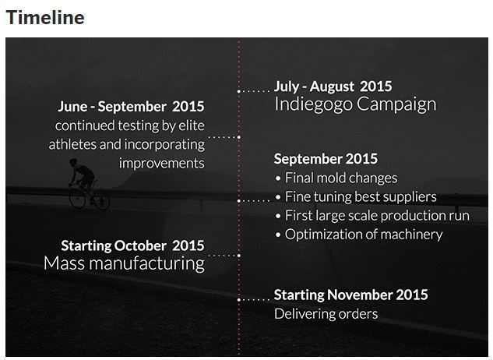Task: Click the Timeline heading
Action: pyautogui.click(x=45, y=18)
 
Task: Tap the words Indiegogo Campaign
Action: pyautogui.click(x=356, y=104)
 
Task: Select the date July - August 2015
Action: pyautogui.click(x=333, y=86)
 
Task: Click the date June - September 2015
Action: pyautogui.click(x=131, y=106)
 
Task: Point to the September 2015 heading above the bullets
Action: pyautogui.click(x=326, y=159)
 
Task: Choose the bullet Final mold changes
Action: pyautogui.click(x=336, y=178)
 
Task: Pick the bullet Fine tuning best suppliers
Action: pyautogui.click(x=356, y=197)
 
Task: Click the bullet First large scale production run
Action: pyautogui.click(x=372, y=216)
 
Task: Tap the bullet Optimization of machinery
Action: pyautogui.click(x=359, y=235)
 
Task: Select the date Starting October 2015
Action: pyautogui.click(x=132, y=245)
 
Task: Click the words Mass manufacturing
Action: pyautogui.click(x=124, y=263)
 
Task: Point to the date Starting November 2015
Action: pyautogui.click(x=351, y=295)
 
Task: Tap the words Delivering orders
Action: pyautogui.click(x=326, y=314)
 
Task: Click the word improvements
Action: pyautogui.click(x=162, y=164)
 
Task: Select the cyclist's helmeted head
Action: pyautogui.click(x=73, y=162)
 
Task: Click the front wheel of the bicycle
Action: pyautogui.click(x=77, y=197)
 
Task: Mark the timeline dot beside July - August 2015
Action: pyautogui.click(x=238, y=91)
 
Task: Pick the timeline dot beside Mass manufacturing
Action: pyautogui.click(x=239, y=256)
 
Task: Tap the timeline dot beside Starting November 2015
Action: pyautogui.click(x=238, y=299)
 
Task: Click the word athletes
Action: pyautogui.click(x=72, y=144)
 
